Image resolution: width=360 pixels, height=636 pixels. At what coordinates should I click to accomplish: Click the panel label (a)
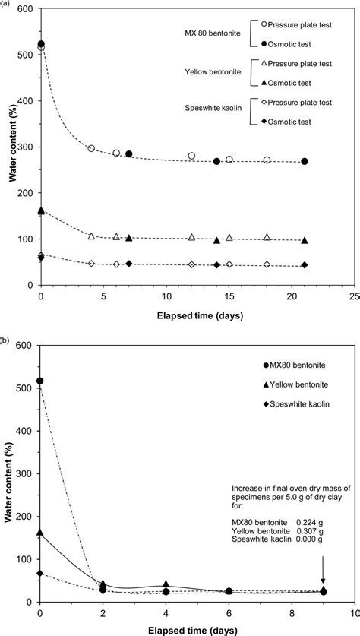point(5,3)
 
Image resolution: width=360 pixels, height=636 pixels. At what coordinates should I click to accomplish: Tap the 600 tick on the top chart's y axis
point(24,8)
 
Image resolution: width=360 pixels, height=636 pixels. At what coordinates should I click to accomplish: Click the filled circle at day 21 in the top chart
point(305,161)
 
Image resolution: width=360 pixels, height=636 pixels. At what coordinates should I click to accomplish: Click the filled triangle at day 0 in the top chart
point(41,210)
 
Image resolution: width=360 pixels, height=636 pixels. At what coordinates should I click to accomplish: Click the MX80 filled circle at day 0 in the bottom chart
point(40,381)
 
